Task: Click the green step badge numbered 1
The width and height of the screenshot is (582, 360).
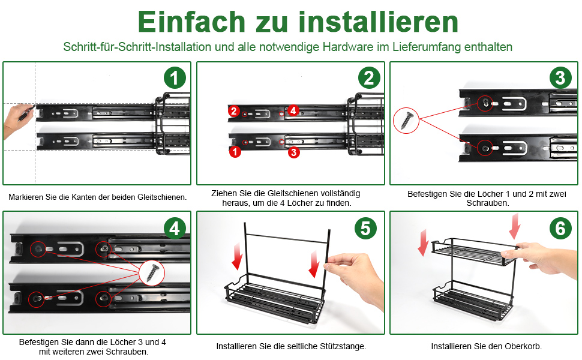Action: coord(175,78)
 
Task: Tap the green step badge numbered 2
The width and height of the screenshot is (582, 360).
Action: coord(369,78)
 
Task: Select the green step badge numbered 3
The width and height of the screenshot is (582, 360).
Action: coord(560,78)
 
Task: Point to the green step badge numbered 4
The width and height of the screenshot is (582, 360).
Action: coord(175,228)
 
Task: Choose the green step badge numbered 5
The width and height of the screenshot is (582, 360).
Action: coord(365,228)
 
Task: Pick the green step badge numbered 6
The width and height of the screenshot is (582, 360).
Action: coord(560,228)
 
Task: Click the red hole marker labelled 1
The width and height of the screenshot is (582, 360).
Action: coord(235,151)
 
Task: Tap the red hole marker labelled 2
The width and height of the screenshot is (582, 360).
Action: coord(233,110)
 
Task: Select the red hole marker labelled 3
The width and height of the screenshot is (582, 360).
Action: coord(293,152)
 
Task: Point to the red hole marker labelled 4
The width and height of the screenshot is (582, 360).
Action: coord(293,110)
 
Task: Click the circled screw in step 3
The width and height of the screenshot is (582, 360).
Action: coord(406,120)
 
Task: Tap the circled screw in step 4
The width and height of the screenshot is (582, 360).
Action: coord(152,272)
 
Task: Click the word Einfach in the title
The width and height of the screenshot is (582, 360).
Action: coord(191,22)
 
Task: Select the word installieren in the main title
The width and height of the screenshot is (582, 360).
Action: coord(378,22)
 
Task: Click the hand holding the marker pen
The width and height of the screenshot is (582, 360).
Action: coord(17,121)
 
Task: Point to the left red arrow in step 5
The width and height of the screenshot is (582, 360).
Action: coord(237,256)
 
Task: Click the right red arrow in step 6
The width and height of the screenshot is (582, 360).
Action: coord(515,226)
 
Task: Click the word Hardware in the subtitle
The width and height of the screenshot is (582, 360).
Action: coord(348,47)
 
